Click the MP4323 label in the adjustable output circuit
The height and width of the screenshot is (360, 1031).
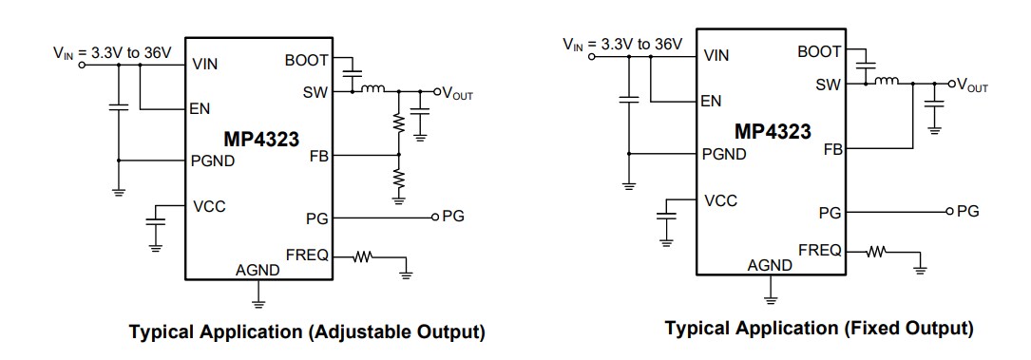point(257,140)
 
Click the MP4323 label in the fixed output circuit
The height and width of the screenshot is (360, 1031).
point(773,130)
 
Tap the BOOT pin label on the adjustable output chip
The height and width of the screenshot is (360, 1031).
point(306,60)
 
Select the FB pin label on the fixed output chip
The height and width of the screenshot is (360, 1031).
point(832,149)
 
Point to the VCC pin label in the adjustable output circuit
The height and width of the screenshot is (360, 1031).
point(209,206)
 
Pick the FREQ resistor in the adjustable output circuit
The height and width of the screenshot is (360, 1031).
point(364,256)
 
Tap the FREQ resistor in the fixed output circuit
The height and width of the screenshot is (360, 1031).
point(877,252)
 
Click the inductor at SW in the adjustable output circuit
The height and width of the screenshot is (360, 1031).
point(372,91)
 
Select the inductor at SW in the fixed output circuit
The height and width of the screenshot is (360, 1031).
point(887,83)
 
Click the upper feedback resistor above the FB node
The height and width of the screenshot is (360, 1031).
point(399,123)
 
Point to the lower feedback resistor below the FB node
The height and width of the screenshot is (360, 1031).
point(399,178)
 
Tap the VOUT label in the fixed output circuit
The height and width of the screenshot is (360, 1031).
point(971,85)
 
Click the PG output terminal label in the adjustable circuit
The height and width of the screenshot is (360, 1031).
point(453,218)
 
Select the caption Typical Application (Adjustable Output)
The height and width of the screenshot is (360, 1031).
point(307,332)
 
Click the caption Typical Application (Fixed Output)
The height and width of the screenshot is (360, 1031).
point(818,329)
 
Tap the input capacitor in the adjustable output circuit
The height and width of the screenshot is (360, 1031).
point(119,107)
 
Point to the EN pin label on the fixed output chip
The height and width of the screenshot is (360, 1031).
point(710,101)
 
